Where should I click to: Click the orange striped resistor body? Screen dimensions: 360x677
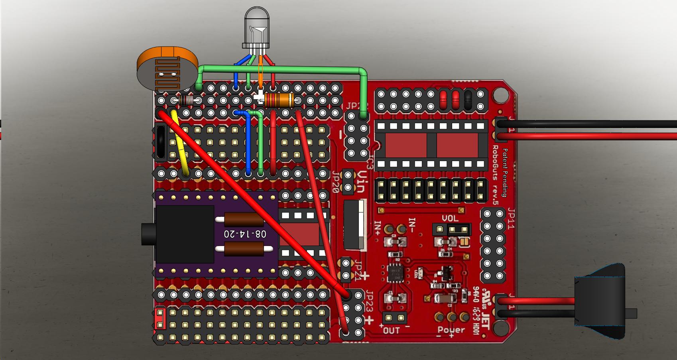pos(279,100)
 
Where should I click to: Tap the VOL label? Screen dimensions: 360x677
pos(450,218)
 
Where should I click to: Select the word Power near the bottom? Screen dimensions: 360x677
pos(451,330)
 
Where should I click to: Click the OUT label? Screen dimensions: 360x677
pos(391,330)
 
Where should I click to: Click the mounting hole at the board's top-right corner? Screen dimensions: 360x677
pos(498,95)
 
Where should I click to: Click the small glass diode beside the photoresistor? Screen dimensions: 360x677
pos(186,100)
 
